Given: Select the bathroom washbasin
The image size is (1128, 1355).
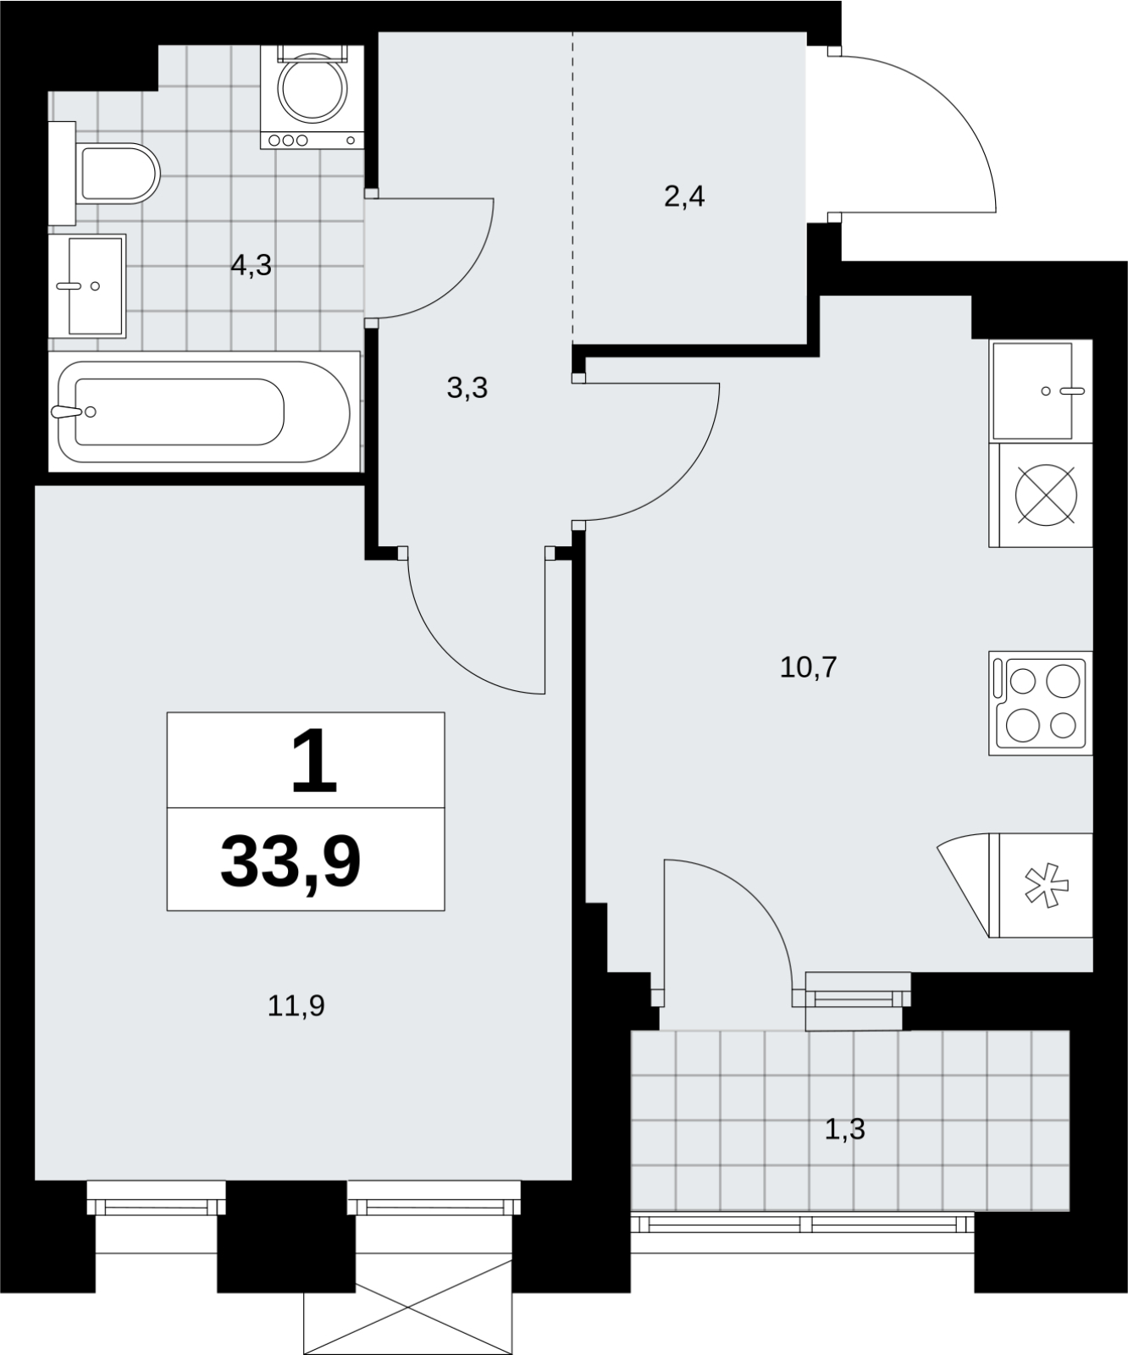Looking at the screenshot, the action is pos(87,286).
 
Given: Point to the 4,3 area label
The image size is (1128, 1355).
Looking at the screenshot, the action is pos(252,266).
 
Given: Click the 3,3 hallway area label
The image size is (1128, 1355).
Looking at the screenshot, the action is pos(467,389).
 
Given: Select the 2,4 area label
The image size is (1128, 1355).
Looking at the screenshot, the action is pos(684,197).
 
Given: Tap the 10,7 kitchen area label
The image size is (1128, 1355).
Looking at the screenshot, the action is pos(808,667).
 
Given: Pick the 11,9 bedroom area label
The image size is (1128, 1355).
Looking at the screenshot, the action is pos(296,1006).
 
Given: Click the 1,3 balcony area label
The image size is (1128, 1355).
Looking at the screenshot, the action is pos(845,1129).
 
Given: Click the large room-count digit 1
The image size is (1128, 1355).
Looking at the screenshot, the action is pos(314,762).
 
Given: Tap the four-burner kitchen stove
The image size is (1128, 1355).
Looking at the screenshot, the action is pos(1041,702).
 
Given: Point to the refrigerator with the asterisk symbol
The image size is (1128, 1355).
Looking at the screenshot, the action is pos(1015,886).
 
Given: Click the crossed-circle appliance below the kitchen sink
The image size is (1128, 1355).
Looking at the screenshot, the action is pos(1046,495).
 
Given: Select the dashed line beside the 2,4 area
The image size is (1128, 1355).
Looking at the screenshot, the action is pos(573,186).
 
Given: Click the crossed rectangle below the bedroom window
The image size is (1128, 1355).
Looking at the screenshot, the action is pos(408,1307).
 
